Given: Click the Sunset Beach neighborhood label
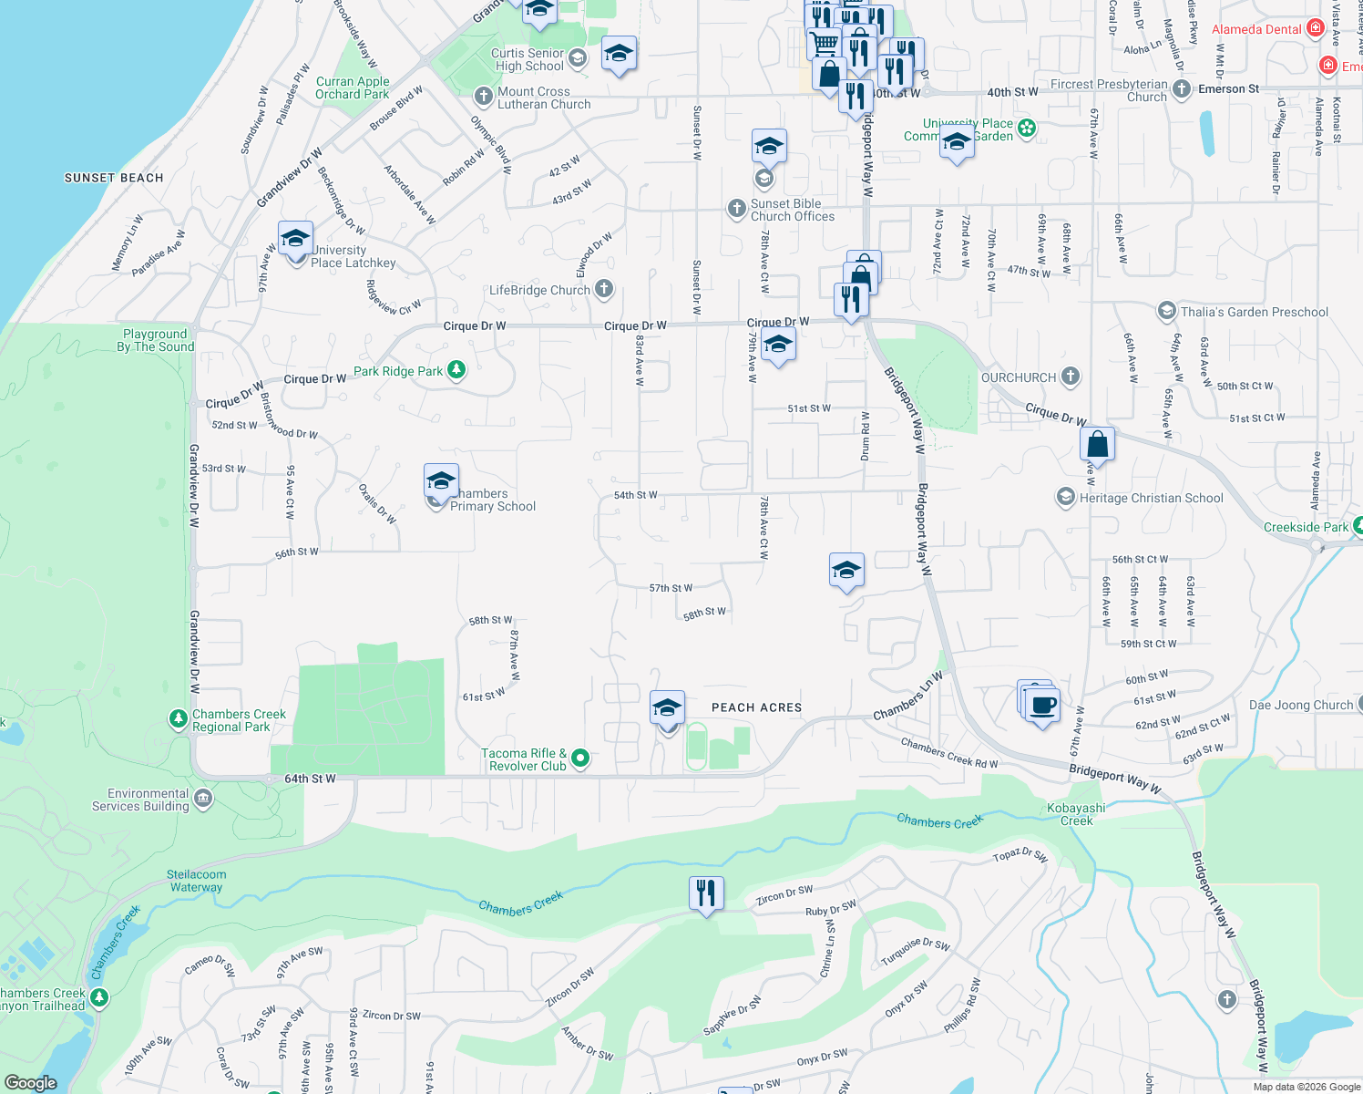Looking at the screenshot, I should click(114, 178).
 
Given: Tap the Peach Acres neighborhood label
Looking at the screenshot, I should click(756, 707).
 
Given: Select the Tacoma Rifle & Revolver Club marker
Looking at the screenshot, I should click(580, 759).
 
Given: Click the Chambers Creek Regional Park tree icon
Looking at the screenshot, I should click(179, 719).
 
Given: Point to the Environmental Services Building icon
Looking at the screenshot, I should click(203, 800).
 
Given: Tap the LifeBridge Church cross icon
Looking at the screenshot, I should click(603, 290).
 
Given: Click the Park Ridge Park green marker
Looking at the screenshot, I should click(456, 370).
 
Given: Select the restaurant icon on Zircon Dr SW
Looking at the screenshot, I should click(706, 893).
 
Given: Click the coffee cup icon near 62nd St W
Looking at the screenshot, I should click(1042, 705).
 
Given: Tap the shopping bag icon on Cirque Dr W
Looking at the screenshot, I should click(1098, 445).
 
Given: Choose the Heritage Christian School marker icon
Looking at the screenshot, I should click(1065, 497).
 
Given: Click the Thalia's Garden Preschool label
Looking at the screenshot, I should click(1255, 312).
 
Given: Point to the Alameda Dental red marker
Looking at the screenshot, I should click(1315, 28).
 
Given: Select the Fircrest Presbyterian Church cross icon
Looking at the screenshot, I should click(1182, 89).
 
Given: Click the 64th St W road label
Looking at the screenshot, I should click(310, 779).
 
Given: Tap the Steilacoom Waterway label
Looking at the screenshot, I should click(197, 881).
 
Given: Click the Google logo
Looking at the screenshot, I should click(30, 1082).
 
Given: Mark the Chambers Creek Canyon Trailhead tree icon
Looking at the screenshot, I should click(100, 998).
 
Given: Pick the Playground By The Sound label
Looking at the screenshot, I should click(156, 340).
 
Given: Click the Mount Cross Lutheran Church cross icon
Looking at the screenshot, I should click(484, 97).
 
